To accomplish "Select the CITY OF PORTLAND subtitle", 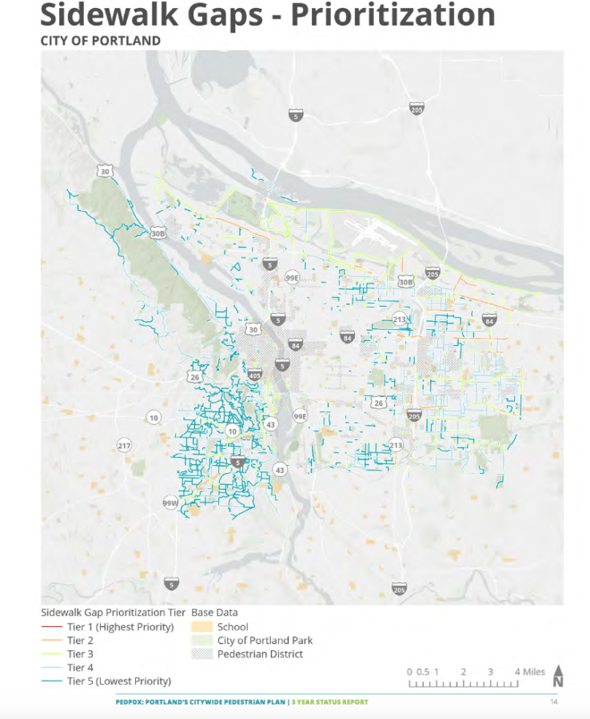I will point(100,41).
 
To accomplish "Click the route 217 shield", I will point(124,445).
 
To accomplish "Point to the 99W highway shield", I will point(170,503).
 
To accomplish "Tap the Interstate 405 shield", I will point(255,374).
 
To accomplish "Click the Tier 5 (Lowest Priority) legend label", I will point(119,681).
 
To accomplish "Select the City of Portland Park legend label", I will point(265,641).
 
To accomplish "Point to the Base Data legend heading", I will point(214,613).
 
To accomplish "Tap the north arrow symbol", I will point(558,676).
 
